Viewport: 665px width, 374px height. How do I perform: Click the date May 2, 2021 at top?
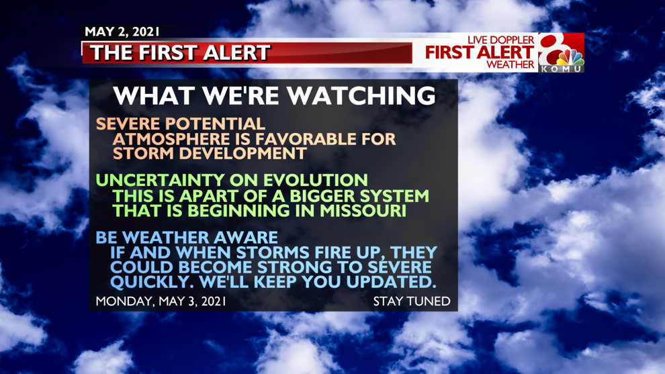[122, 32]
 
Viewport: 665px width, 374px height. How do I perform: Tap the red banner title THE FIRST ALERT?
[180, 53]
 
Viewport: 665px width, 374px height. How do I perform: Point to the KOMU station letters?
[561, 68]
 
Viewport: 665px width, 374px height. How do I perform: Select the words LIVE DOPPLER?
[501, 40]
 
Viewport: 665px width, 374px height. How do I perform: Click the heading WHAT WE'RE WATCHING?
[275, 95]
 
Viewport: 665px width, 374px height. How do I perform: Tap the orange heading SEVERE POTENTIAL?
[181, 124]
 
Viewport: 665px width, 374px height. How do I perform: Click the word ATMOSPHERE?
[171, 139]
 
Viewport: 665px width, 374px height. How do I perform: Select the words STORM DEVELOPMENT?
[210, 153]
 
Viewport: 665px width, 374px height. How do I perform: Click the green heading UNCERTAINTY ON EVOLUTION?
[232, 180]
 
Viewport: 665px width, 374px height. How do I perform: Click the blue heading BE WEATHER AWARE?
[187, 238]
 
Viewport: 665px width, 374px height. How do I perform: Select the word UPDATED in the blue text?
[391, 282]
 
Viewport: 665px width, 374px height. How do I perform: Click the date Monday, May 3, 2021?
[161, 301]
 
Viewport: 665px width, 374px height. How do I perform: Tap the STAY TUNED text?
[412, 301]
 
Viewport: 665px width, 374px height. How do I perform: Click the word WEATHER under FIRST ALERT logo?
[511, 64]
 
